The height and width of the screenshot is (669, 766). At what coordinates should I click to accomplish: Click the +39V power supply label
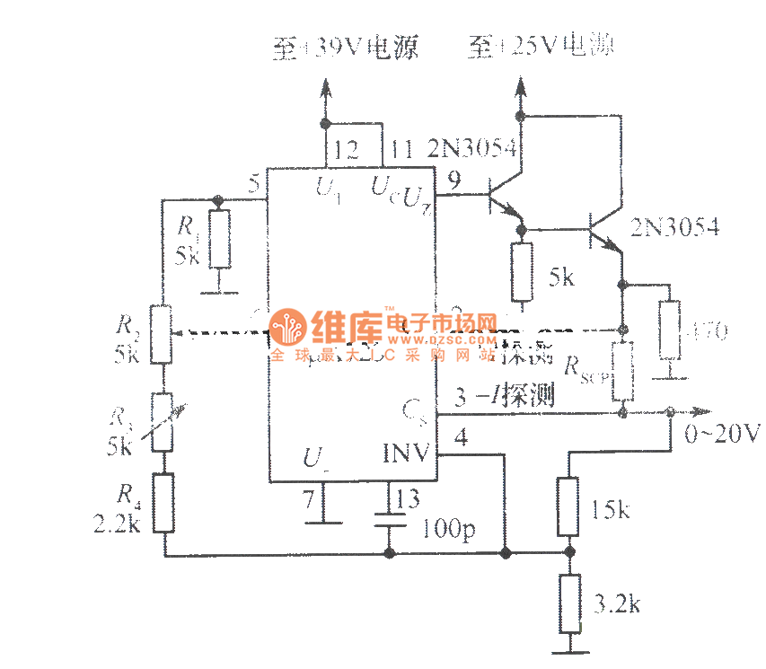[x=346, y=48]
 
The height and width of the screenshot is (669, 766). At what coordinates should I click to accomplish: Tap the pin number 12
[x=344, y=150]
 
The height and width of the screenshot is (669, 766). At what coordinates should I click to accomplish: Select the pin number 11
[x=403, y=149]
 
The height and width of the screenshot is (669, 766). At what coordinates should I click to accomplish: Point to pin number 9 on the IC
[x=453, y=181]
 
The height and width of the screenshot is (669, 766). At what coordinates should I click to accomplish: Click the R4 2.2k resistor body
[x=163, y=502]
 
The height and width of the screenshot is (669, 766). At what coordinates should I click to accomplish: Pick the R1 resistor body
[x=220, y=239]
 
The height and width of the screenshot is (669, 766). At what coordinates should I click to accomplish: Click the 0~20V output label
[x=721, y=435]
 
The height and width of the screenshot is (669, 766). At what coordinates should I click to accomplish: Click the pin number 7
[x=310, y=500]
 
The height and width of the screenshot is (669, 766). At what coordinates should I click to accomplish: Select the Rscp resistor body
[x=622, y=371]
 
